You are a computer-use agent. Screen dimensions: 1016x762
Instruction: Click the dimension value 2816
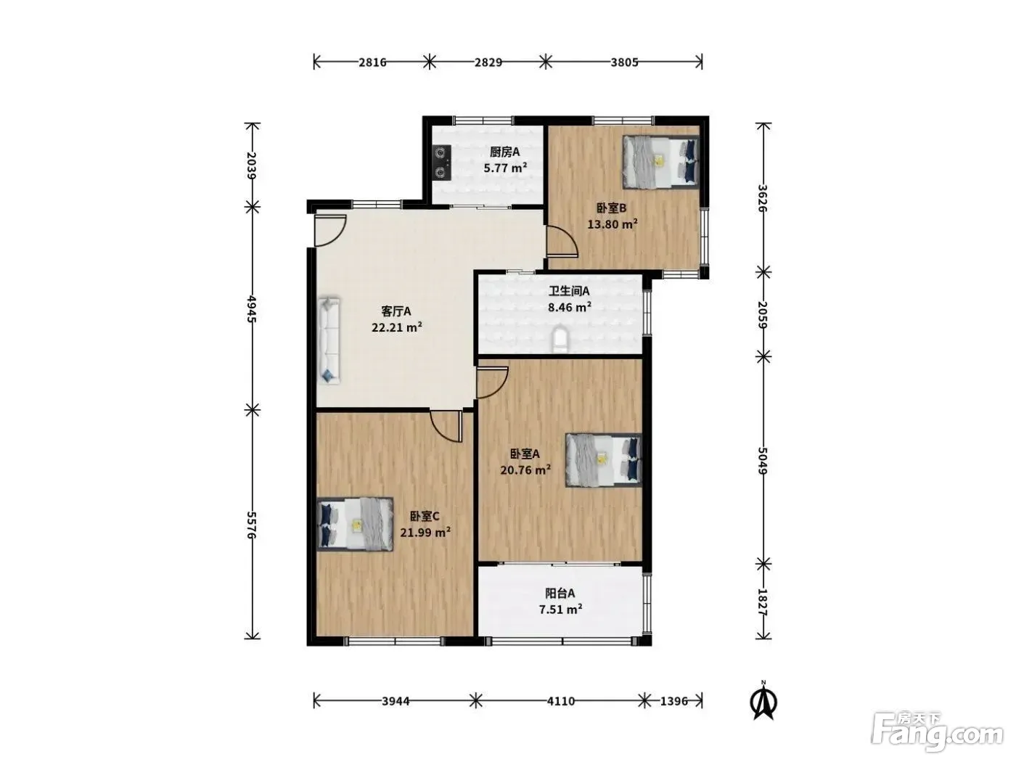tap(372, 62)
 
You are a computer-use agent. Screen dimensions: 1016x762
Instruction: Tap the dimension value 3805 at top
tap(624, 62)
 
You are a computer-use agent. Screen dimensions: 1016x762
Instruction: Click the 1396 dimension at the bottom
tap(673, 701)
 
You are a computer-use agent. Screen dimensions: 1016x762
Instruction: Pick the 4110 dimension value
tap(560, 701)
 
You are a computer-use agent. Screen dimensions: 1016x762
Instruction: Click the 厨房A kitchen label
tap(504, 152)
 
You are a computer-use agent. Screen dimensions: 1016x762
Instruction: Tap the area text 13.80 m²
tap(613, 224)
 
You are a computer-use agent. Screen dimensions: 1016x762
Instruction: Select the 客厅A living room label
tap(396, 311)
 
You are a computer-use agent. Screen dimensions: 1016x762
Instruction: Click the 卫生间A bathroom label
tap(569, 291)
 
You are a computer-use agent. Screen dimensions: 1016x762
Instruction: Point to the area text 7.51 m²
tap(560, 610)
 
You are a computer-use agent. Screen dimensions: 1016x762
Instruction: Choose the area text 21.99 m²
tap(425, 533)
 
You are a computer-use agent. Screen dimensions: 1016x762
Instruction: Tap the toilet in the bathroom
tap(560, 339)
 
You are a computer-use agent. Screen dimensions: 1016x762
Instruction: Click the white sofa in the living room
tap(329, 340)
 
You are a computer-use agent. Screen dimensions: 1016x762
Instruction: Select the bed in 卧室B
tap(660, 161)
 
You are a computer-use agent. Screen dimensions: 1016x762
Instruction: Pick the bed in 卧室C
tap(356, 524)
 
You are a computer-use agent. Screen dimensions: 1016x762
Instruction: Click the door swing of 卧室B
tap(562, 241)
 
